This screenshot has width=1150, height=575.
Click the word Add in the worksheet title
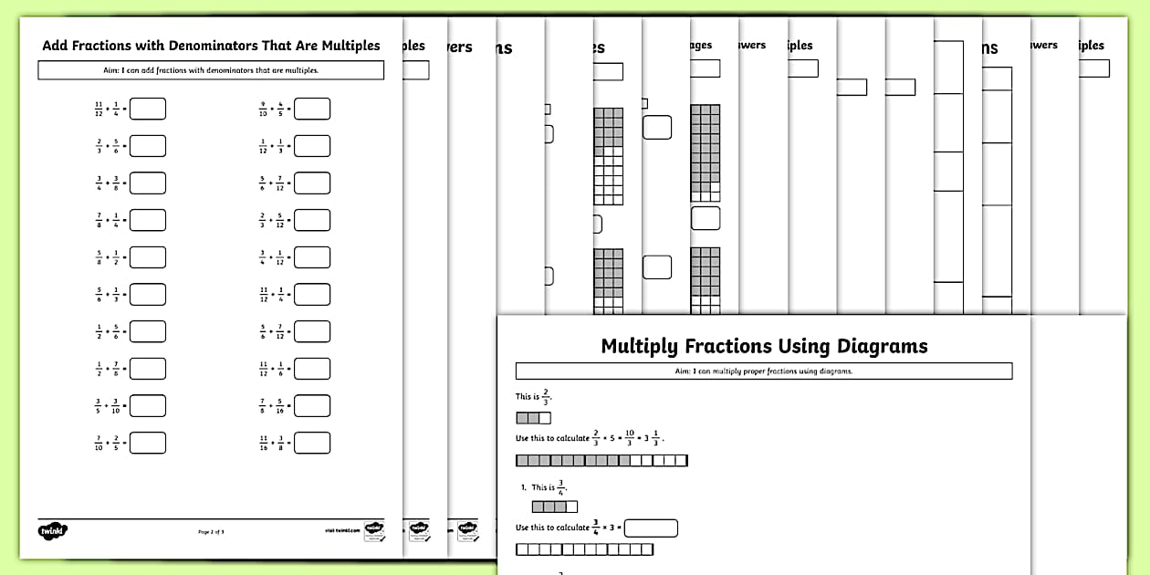coord(56,45)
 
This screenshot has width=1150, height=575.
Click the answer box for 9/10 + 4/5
coord(312,110)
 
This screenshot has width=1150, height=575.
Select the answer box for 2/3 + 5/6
coord(148,146)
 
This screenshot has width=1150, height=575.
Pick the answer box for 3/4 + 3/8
coord(148,183)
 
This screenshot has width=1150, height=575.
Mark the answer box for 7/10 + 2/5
coord(148,443)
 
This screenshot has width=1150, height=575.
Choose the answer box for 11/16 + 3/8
coord(312,443)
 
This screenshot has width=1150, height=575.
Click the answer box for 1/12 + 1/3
coord(312,146)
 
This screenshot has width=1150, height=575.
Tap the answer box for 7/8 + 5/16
coord(312,405)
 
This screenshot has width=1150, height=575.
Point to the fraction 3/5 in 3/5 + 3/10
coord(99,405)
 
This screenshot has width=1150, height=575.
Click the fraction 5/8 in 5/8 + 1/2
coord(99,257)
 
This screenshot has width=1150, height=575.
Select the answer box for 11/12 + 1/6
coord(312,369)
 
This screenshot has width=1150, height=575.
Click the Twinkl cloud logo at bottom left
coord(54,531)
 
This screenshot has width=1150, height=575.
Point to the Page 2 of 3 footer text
coord(211,531)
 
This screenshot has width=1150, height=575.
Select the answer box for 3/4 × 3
coord(652,528)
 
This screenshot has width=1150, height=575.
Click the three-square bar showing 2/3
coord(534,418)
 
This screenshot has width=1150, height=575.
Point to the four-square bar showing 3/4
coord(555,507)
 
